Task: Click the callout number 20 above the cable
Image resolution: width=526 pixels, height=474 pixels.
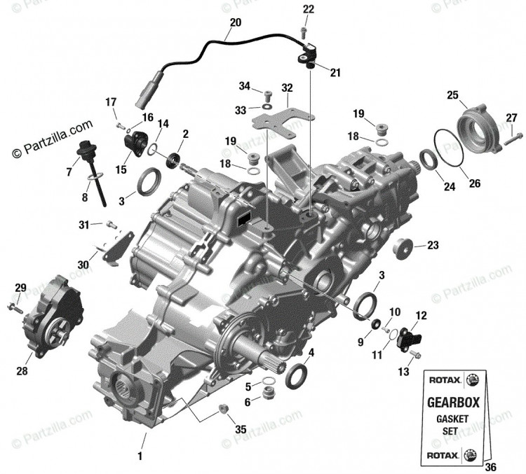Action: tap(236, 22)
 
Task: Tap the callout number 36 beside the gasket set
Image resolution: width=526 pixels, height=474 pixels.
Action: tap(490, 467)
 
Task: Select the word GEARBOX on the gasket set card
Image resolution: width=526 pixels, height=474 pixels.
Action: tap(453, 403)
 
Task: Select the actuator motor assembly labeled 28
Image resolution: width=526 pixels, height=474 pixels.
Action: tap(54, 316)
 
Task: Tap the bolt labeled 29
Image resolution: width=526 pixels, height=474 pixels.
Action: tap(15, 308)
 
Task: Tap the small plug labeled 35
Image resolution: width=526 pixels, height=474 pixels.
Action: tap(223, 409)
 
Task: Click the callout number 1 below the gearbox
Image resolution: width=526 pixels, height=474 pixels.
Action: tap(140, 456)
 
